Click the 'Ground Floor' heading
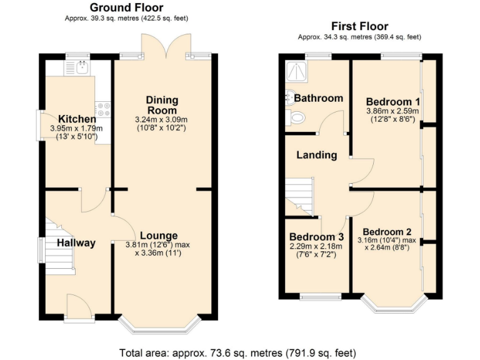point(126,7)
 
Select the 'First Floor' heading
point(359,26)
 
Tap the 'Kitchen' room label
point(77,119)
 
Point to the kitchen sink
point(82,66)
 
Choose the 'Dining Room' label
point(162,105)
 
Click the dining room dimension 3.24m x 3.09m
point(162,119)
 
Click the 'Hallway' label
point(77,242)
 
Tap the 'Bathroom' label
point(319,98)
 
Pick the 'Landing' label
point(317,155)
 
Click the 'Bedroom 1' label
point(392,102)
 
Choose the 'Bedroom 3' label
point(316,237)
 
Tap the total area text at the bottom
point(239,352)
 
